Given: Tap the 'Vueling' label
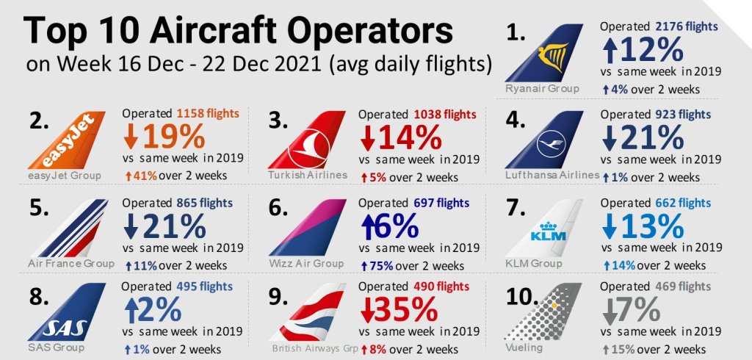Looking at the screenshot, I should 524,347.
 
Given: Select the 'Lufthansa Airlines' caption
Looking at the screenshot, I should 552,176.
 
